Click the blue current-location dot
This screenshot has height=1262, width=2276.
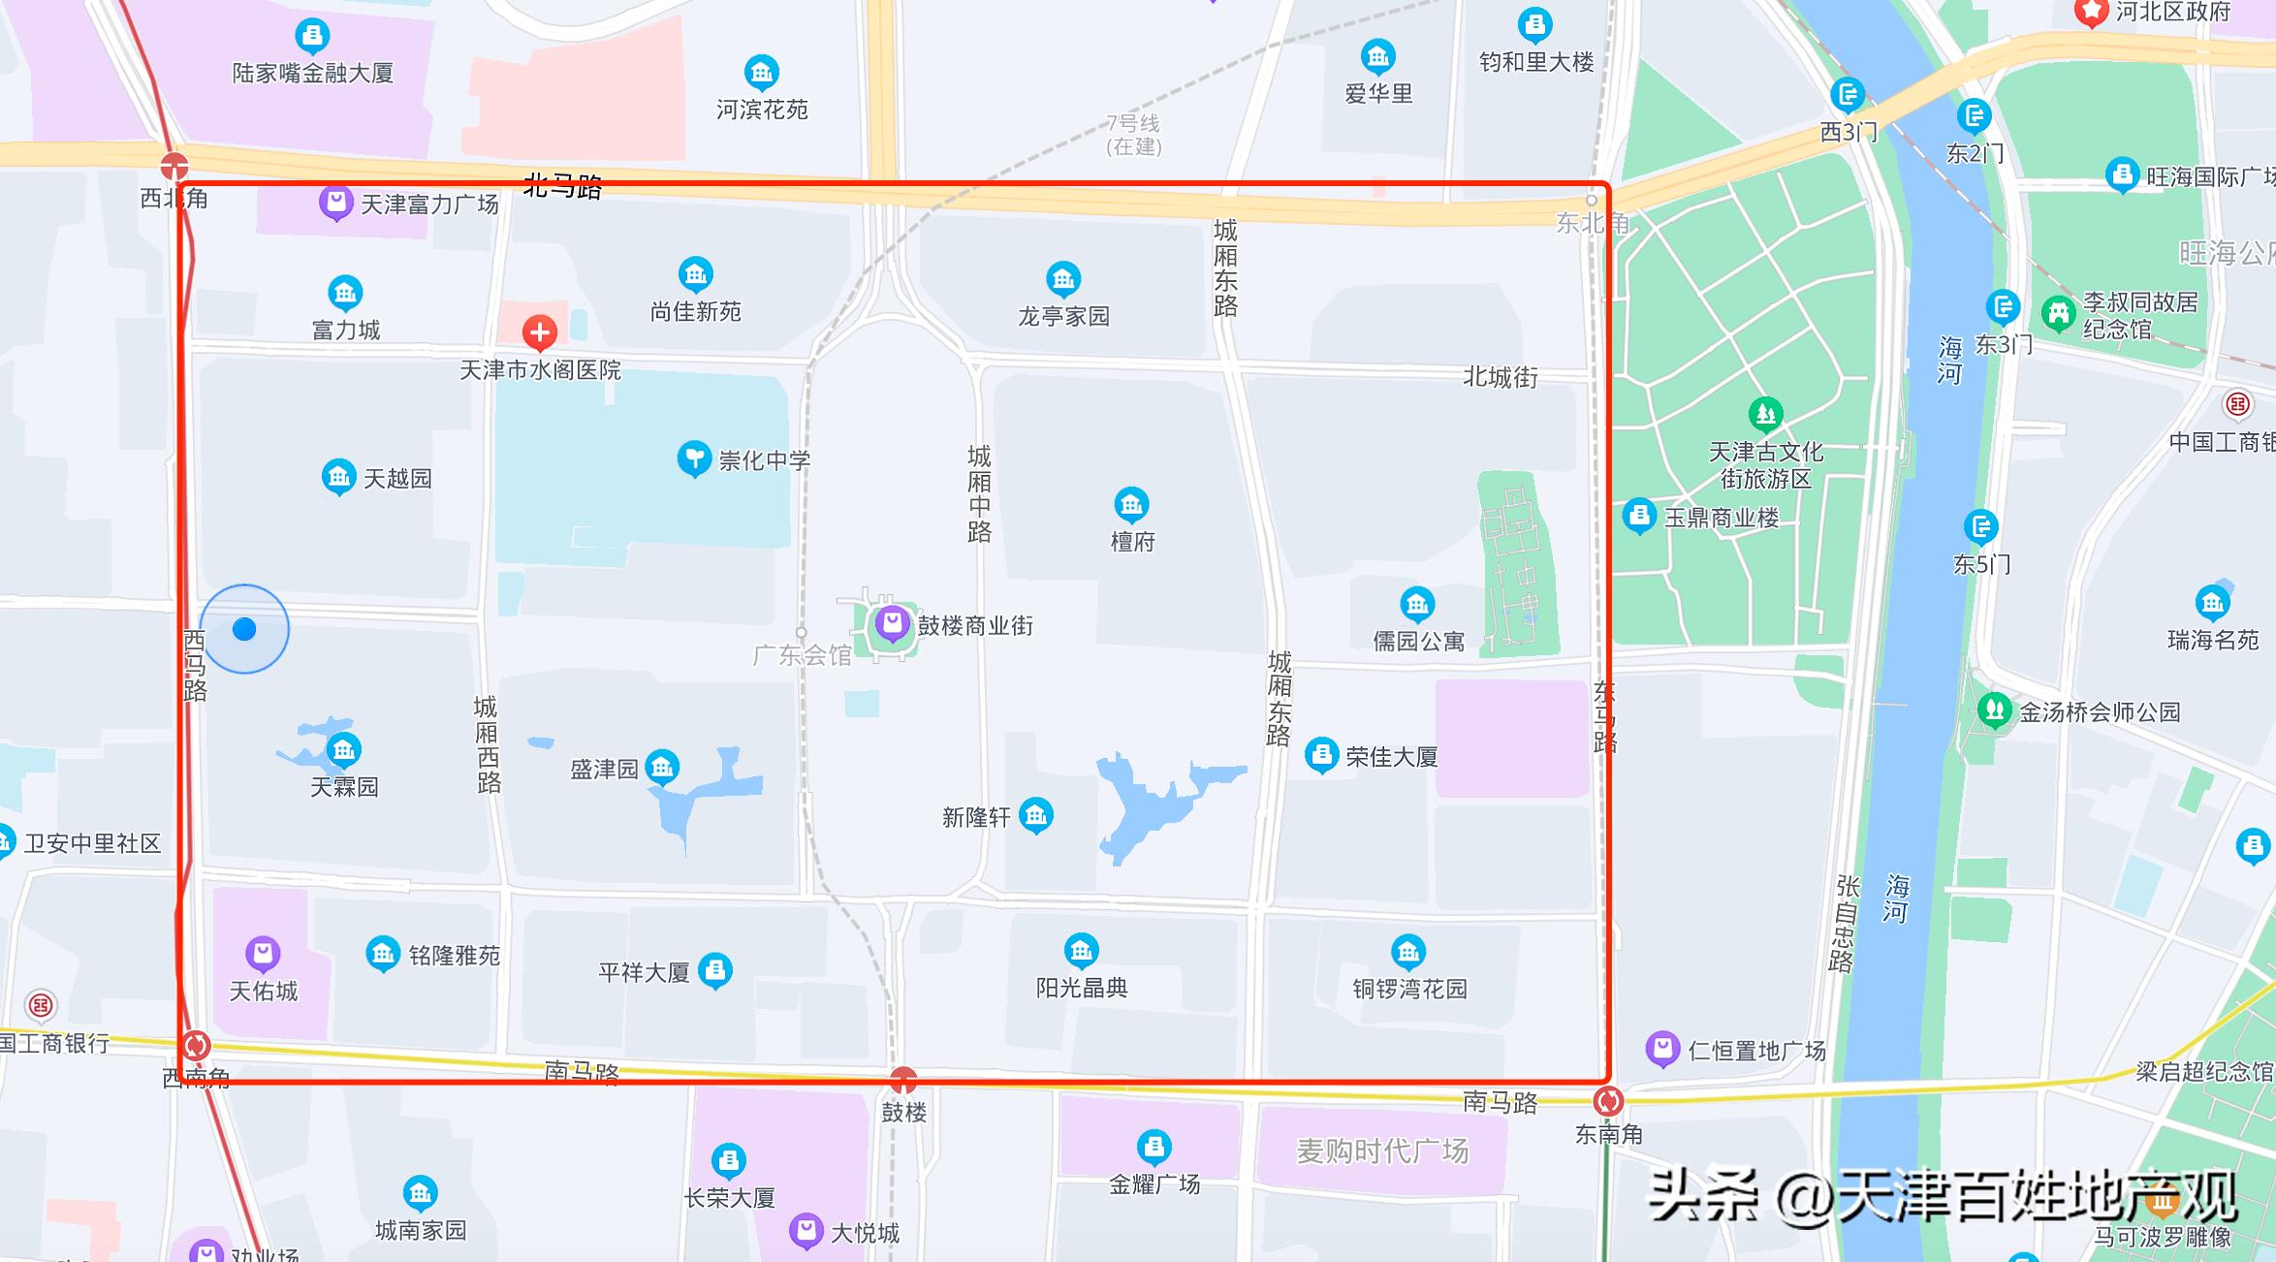pyautogui.click(x=244, y=629)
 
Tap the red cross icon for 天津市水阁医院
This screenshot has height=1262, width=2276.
pyautogui.click(x=540, y=332)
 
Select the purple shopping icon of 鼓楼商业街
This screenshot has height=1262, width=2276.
pyautogui.click(x=892, y=623)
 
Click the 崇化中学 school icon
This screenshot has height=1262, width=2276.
pyautogui.click(x=694, y=457)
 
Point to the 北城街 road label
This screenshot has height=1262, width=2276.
pyautogui.click(x=1500, y=377)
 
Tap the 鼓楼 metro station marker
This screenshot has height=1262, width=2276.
pyautogui.click(x=903, y=1079)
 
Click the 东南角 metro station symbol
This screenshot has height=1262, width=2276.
pyautogui.click(x=1608, y=1101)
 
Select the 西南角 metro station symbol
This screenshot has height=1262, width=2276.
pyautogui.click(x=196, y=1046)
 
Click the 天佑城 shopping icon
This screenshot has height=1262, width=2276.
pyautogui.click(x=263, y=954)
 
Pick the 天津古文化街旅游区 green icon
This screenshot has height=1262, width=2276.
pyautogui.click(x=1765, y=415)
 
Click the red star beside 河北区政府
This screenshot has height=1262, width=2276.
pyautogui.click(x=2091, y=12)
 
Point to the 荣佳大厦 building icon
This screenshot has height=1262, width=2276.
pyautogui.click(x=1321, y=754)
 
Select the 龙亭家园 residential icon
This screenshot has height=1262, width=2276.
pyautogui.click(x=1063, y=279)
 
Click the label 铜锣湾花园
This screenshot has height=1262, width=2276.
pyautogui.click(x=1409, y=989)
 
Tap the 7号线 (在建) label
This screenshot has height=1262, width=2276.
pyautogui.click(x=1133, y=135)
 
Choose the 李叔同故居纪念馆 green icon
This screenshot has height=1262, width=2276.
pyautogui.click(x=2058, y=313)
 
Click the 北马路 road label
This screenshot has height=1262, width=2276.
pyautogui.click(x=562, y=186)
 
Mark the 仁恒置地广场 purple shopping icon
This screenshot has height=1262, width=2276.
pyautogui.click(x=1662, y=1048)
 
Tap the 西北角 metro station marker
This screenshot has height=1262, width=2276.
pyautogui.click(x=174, y=166)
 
